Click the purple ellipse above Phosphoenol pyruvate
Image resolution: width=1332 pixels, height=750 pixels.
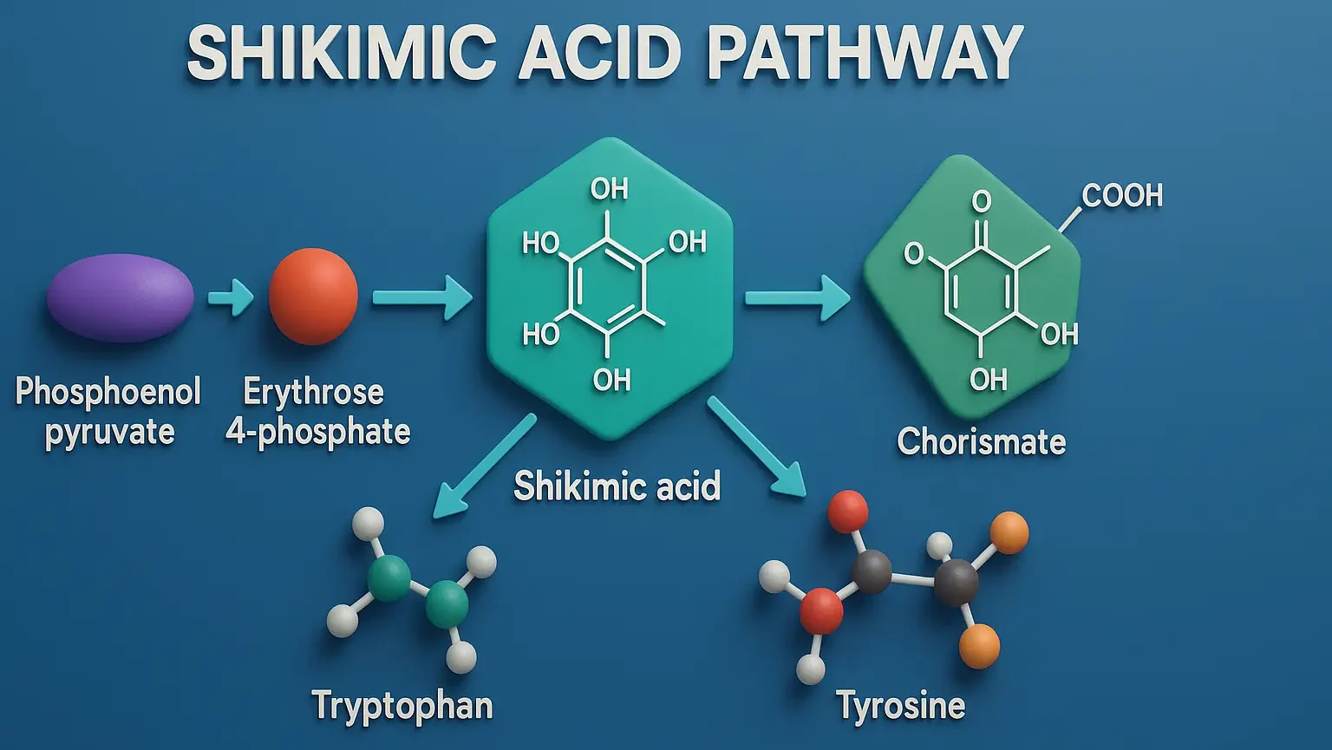pyautogui.click(x=120, y=297)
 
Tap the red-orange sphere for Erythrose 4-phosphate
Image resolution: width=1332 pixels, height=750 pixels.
pyautogui.click(x=313, y=297)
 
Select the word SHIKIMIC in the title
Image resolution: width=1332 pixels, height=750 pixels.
pyautogui.click(x=341, y=54)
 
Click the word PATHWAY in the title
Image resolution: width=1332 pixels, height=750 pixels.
pyautogui.click(x=865, y=54)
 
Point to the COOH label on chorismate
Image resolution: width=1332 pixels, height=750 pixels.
pyautogui.click(x=1122, y=196)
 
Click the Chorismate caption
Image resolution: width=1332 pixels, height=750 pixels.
pyautogui.click(x=981, y=442)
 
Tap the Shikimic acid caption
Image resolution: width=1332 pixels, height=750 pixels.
pyautogui.click(x=617, y=486)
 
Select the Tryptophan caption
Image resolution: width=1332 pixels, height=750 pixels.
pyautogui.click(x=402, y=706)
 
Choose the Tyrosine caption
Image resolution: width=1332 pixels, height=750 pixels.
pyautogui.click(x=901, y=706)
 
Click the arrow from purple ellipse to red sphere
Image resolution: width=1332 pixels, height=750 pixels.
pyautogui.click(x=231, y=298)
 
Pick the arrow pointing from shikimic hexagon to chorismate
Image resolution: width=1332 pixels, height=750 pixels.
pyautogui.click(x=797, y=298)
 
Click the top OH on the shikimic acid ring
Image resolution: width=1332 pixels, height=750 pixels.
pyautogui.click(x=609, y=189)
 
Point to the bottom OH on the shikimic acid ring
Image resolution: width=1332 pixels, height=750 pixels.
pyautogui.click(x=611, y=380)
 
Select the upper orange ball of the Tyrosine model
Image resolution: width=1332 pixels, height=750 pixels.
pyautogui.click(x=1009, y=532)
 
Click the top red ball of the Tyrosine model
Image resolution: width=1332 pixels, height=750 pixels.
pyautogui.click(x=847, y=511)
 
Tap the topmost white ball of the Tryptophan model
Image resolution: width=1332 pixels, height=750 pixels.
pyautogui.click(x=368, y=524)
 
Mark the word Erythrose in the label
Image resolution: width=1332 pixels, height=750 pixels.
pyautogui.click(x=313, y=392)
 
